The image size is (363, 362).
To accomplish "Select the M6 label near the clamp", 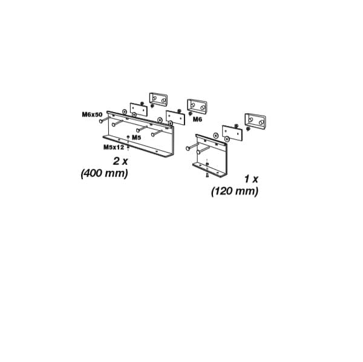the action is point(198,120).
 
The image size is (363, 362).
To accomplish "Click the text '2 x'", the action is point(120,162).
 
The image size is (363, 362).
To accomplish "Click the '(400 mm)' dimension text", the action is point(104,173).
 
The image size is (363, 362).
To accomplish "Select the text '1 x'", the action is point(251,179).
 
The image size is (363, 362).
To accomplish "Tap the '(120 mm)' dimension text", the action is point(235,191).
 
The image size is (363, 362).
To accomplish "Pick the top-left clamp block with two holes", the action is point(159,97).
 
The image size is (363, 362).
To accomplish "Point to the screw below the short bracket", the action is point(208,174).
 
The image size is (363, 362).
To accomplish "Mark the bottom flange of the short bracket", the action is point(209,168).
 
